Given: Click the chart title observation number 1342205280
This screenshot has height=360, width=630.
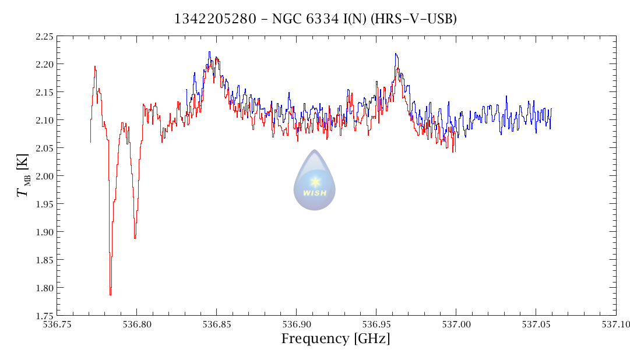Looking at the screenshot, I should pyautogui.click(x=215, y=19).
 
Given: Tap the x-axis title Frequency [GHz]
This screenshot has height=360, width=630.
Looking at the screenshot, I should pyautogui.click(x=336, y=339).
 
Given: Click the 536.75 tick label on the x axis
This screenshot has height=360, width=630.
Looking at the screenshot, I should pyautogui.click(x=57, y=324).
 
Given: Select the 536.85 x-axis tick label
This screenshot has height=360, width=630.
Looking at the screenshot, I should pyautogui.click(x=216, y=324).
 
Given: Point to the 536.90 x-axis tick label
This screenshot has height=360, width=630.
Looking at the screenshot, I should pyautogui.click(x=296, y=324).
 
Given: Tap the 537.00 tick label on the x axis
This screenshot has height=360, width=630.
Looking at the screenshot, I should pyautogui.click(x=456, y=324).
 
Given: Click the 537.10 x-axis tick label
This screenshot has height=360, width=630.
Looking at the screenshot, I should pyautogui.click(x=615, y=324).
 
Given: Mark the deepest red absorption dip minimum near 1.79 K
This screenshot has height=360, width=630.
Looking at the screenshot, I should pyautogui.click(x=110, y=294).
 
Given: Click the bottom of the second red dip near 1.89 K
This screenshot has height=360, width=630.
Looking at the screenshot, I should pyautogui.click(x=135, y=238).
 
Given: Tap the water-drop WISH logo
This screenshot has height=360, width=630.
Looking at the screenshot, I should pyautogui.click(x=314, y=181).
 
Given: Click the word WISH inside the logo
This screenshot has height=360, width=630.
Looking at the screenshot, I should pyautogui.click(x=315, y=193).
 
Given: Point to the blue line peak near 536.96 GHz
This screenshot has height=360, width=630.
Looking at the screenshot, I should pyautogui.click(x=396, y=54).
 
